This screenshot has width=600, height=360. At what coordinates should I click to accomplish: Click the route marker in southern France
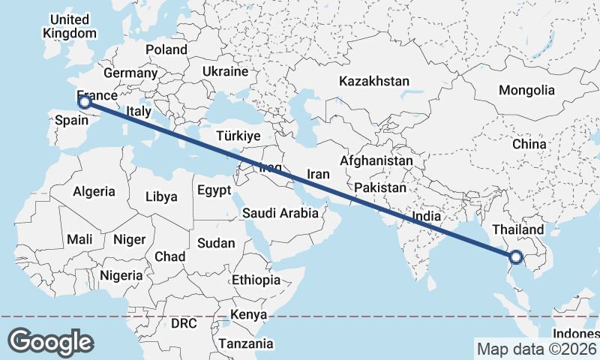pos(85,102)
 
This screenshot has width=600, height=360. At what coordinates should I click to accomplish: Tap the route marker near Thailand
pos(516,259)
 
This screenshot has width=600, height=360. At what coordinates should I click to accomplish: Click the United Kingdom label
pos(70,26)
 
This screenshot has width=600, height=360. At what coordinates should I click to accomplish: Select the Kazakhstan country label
pos(373,81)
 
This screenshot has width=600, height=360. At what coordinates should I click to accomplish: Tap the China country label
pos(530,143)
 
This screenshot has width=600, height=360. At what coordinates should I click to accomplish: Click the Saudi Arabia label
pos(280,214)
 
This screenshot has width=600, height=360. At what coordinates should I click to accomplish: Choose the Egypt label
pos(214,190)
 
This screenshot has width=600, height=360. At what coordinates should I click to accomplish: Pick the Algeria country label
pos(94,191)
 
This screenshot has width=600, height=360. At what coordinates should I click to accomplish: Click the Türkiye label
pos(237,136)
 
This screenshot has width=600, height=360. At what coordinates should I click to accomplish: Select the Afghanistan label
pos(376,160)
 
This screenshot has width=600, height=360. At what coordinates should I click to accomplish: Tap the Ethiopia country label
pos(256,280)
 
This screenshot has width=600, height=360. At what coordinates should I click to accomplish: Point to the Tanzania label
pos(246,343)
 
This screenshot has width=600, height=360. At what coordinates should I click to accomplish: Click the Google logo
pos(50,342)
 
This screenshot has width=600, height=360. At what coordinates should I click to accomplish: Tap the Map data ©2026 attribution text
pos(536,349)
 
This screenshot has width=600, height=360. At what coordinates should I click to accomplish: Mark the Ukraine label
pos(225,72)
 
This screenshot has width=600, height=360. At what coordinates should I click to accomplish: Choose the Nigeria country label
pos(121,275)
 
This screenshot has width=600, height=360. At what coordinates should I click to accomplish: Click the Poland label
pos(166,49)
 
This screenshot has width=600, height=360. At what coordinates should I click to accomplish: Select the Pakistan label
pos(380,187)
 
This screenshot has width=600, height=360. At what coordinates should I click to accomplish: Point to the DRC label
pos(184,324)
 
